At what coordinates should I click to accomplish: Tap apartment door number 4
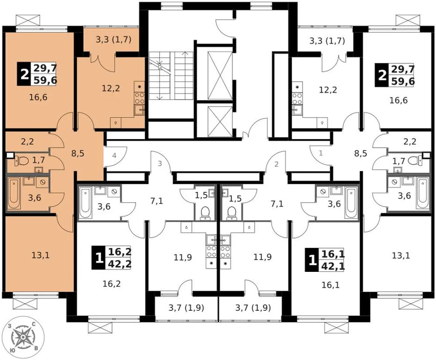click(x=113, y=156)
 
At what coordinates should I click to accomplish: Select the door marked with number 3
click(x=160, y=164)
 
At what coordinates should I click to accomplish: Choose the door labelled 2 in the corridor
click(x=276, y=164)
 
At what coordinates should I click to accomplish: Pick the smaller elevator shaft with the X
click(x=216, y=121)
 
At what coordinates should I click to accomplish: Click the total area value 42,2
click(x=119, y=263)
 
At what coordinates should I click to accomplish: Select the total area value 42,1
click(x=333, y=266)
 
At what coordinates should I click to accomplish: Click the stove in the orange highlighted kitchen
click(x=140, y=98)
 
